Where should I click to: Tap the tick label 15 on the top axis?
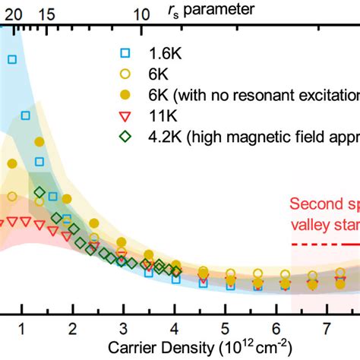click(46, 14)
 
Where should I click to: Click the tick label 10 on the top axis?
click(142, 14)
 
